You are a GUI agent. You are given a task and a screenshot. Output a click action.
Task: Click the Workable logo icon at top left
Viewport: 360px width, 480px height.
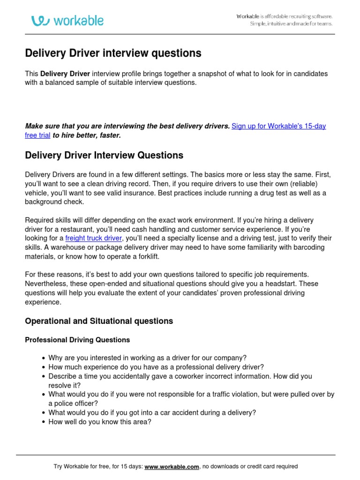tap(41, 21)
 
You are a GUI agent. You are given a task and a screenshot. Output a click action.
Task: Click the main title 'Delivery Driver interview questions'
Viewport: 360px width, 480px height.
tap(113, 53)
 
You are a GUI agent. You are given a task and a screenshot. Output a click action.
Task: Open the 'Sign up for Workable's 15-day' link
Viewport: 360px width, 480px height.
tap(279, 126)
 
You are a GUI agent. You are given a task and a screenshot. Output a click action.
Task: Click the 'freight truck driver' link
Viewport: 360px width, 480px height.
tap(93, 238)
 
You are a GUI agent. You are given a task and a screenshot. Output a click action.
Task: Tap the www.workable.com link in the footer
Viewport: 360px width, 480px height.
tap(172, 466)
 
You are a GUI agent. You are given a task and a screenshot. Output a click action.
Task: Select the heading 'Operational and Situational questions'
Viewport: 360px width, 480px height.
tap(98, 321)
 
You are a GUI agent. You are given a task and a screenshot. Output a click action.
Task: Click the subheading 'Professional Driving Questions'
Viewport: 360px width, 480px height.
tap(77, 340)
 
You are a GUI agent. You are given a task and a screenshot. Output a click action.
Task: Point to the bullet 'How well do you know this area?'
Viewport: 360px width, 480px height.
tap(100, 422)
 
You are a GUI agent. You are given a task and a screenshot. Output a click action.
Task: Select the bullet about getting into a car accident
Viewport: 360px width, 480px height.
tap(152, 412)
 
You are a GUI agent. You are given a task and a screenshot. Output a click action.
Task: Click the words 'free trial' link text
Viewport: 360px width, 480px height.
tap(37, 135)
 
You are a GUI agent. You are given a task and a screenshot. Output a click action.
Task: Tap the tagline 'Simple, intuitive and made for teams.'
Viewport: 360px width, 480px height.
tap(291, 24)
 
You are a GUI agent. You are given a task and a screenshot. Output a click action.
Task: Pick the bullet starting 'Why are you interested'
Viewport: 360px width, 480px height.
tap(147, 358)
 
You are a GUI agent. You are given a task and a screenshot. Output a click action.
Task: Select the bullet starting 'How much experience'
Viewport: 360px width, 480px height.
tap(156, 367)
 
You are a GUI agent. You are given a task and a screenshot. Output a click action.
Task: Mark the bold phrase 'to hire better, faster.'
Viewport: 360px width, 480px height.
tap(87, 135)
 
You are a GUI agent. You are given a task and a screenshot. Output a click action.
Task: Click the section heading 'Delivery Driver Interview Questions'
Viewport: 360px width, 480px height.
tap(104, 155)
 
